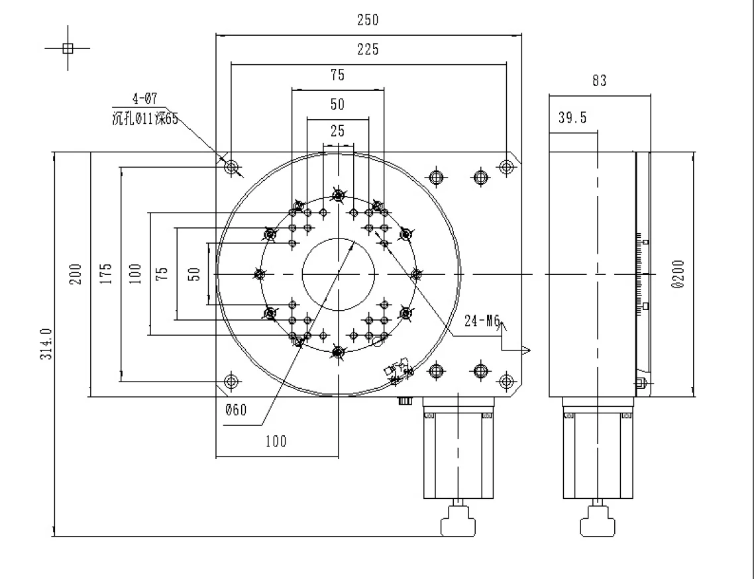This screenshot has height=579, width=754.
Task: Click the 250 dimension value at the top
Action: click(x=368, y=20)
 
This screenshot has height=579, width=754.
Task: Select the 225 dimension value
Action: click(x=368, y=49)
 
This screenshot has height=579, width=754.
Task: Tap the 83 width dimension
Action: click(x=599, y=81)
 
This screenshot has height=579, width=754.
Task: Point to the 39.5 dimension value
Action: click(x=572, y=118)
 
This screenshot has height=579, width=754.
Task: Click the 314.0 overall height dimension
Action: click(x=45, y=344)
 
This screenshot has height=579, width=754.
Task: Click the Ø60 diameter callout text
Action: click(x=235, y=410)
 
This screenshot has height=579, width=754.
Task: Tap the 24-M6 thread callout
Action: click(x=482, y=322)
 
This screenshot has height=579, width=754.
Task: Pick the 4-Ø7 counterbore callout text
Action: click(x=145, y=100)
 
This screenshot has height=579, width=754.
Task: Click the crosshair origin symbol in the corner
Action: click(x=67, y=47)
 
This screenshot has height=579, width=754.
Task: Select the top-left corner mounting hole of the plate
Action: click(x=231, y=167)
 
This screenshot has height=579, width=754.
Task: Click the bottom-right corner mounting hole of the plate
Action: click(x=506, y=381)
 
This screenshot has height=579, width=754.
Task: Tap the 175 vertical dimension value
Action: click(x=107, y=274)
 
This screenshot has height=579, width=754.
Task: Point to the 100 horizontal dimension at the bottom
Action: click(x=276, y=441)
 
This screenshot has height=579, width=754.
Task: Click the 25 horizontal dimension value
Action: click(x=338, y=131)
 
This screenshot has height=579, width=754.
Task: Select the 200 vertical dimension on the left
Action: click(x=75, y=274)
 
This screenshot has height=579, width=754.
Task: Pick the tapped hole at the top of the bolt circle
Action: click(x=339, y=195)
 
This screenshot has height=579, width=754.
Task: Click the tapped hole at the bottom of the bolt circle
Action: click(x=339, y=353)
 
